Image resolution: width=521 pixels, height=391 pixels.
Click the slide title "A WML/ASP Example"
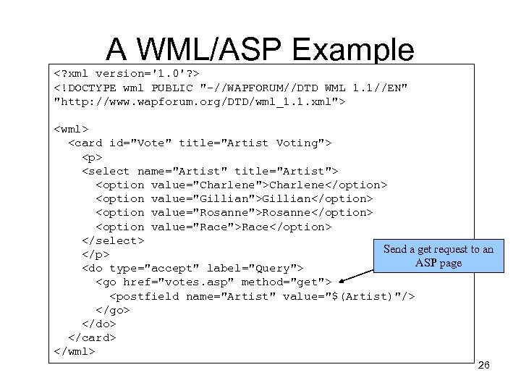(260, 49)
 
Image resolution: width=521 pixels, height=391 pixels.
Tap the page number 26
(484, 366)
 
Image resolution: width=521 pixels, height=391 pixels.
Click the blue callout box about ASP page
(438, 256)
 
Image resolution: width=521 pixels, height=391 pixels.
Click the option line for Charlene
(241, 185)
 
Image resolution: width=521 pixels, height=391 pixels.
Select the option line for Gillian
(234, 199)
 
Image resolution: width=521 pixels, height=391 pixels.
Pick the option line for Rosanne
(234, 213)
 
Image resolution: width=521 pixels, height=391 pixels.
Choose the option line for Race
(213, 227)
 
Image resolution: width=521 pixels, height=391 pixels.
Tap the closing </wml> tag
(75, 351)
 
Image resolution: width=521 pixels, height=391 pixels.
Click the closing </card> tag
(92, 337)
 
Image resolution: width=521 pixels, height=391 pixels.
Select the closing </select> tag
(113, 240)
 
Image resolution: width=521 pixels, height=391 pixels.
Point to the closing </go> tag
(113, 310)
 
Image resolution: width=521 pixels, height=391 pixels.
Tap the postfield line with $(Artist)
(262, 296)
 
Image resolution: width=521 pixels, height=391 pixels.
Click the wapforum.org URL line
(200, 101)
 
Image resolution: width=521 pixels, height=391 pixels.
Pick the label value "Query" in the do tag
(272, 269)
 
